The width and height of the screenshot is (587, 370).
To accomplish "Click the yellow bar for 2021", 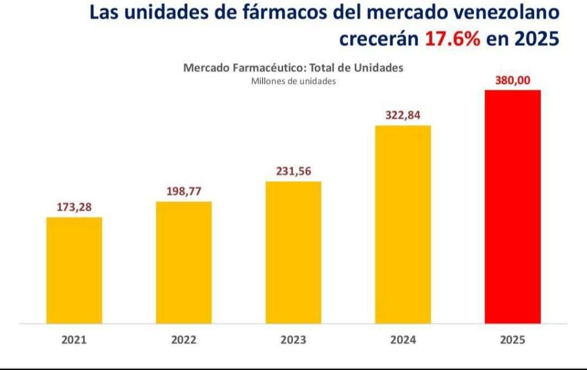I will [74, 270].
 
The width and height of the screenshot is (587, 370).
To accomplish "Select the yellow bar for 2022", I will [183, 262].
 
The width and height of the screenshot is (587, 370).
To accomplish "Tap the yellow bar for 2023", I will [293, 252].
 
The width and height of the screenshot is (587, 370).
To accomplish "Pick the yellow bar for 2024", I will [403, 224].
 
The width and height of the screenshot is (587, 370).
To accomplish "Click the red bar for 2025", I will [512, 207].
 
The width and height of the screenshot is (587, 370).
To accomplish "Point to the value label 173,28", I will [74, 207].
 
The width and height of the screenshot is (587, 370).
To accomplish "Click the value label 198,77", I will [183, 191].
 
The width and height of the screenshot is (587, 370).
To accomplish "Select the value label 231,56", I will [293, 171].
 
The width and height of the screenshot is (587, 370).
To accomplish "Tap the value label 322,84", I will [403, 115].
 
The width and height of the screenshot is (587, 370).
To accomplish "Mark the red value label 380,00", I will [512, 81].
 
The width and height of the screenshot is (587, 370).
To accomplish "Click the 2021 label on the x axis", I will [74, 340].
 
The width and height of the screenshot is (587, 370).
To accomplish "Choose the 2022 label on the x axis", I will [183, 340].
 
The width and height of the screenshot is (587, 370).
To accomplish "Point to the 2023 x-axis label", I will [293, 340].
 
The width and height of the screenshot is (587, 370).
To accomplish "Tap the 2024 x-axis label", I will [403, 340].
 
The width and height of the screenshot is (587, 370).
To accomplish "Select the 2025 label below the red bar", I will [512, 340].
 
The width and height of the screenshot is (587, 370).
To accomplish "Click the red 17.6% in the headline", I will [452, 39].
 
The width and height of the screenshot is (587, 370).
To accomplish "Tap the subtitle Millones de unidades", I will [293, 81].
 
